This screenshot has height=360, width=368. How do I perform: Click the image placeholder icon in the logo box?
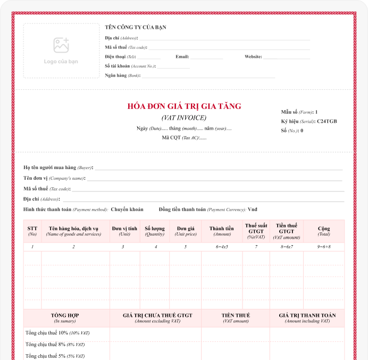pyautogui.click(x=61, y=45)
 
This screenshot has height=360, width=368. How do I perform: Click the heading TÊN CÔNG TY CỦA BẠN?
pyautogui.click(x=136, y=27)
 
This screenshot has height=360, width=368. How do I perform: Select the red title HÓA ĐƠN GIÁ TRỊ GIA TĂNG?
pyautogui.click(x=184, y=106)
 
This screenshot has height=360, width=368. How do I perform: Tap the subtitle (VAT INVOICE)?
pyautogui.click(x=184, y=118)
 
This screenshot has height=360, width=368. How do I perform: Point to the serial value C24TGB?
pyautogui.click(x=327, y=121)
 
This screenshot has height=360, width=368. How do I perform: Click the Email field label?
pyautogui.click(x=182, y=56)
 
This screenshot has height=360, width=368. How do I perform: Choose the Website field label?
pyautogui.click(x=253, y=56)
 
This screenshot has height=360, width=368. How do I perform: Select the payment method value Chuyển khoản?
pyautogui.click(x=127, y=210)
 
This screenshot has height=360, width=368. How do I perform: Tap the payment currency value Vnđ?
pyautogui.click(x=253, y=210)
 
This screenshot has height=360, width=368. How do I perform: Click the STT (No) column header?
pyautogui.click(x=32, y=231)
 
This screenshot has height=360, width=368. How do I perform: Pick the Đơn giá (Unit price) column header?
pyautogui.click(x=186, y=231)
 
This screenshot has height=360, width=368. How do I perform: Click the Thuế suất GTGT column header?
pyautogui.click(x=256, y=231)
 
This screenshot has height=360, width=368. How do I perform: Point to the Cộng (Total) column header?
pyautogui.click(x=324, y=231)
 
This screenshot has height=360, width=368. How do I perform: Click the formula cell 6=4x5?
pyautogui.click(x=222, y=247)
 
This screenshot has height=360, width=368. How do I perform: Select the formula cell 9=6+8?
pyautogui.click(x=324, y=247)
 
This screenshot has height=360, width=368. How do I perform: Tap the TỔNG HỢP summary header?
pyautogui.click(x=65, y=317)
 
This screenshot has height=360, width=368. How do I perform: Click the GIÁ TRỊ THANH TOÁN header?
pyautogui.click(x=307, y=317)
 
